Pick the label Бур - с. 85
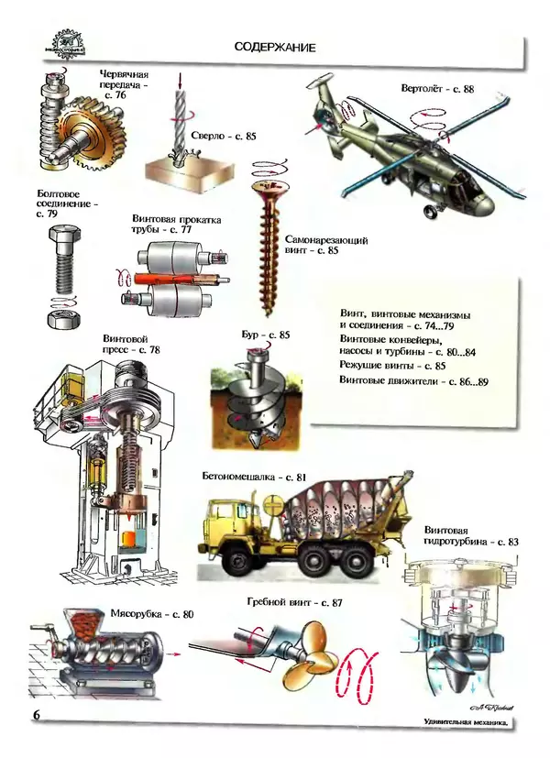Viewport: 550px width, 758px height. tap(271, 335)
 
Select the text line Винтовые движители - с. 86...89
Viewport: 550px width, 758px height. tap(413, 380)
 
